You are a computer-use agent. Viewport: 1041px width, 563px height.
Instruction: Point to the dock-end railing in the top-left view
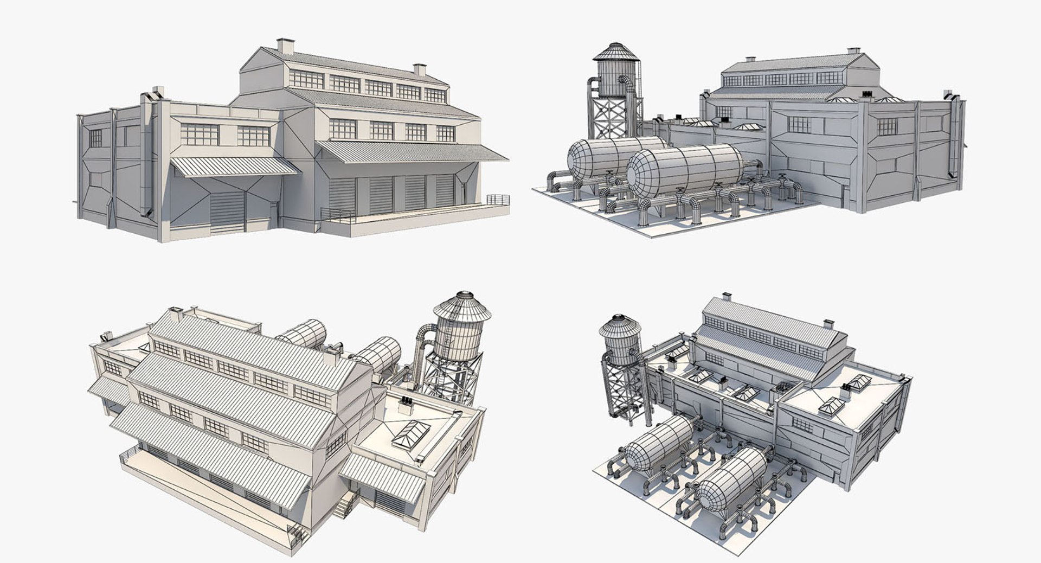pyautogui.click(x=498, y=199)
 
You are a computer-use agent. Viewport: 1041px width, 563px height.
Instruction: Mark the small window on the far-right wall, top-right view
pyautogui.click(x=887, y=126)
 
